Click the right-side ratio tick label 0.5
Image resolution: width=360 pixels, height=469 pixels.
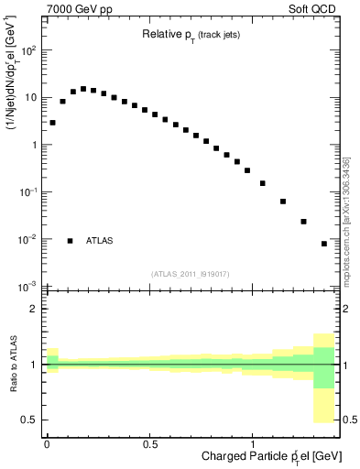(348, 420)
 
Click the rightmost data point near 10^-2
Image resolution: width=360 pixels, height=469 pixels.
(324, 244)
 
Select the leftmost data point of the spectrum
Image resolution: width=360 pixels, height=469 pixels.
(52, 122)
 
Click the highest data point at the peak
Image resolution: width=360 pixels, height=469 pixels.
(83, 89)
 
